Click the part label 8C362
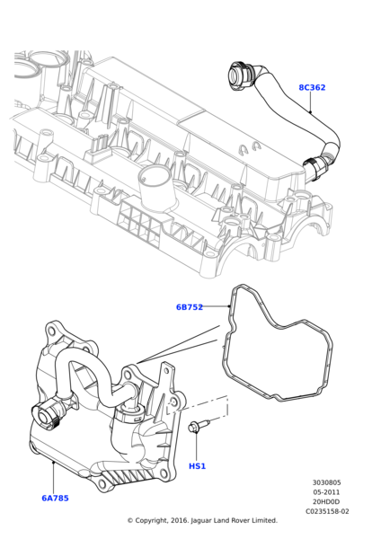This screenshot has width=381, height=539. [x=312, y=88]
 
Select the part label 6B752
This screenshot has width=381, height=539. [x=190, y=307]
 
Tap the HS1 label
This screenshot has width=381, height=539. [x=197, y=466]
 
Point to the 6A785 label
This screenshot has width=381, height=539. [x=55, y=498]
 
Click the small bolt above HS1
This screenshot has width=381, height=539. [x=199, y=425]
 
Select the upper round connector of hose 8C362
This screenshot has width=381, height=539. [x=241, y=76]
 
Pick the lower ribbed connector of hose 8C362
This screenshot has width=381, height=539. [x=315, y=167]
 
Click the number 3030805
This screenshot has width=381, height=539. [x=327, y=482]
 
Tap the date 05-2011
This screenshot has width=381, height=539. [x=327, y=492]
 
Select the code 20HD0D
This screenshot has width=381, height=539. [x=327, y=502]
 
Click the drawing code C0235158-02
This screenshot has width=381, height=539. [x=327, y=511]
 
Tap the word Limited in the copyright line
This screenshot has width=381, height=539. [x=264, y=520]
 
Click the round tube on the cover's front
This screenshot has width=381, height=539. [x=154, y=186]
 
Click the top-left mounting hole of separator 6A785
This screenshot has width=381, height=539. [x=51, y=331]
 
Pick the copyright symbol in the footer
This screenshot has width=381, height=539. [x=130, y=521]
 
